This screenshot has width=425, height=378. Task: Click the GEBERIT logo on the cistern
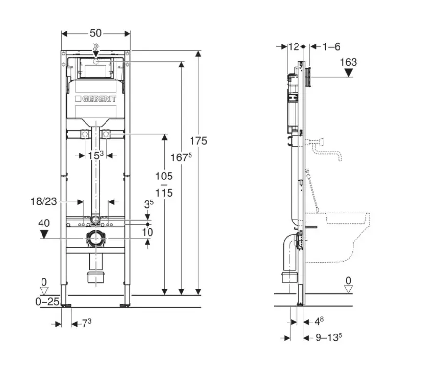pos(96,99)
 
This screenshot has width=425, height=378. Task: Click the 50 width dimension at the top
pos(96,33)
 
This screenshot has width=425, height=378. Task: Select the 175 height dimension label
pos(198,141)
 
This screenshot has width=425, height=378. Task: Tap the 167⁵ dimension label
pos(181,157)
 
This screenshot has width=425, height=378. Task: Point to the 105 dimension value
pos(164,177)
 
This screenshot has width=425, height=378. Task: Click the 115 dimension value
pos(164,193)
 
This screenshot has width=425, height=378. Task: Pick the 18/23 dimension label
pos(43,201)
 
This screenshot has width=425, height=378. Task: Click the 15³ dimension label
pos(96,155)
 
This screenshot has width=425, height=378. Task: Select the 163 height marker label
pos(348,62)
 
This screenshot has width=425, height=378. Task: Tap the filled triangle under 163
pos(349,73)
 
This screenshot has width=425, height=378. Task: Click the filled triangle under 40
pos(44,234)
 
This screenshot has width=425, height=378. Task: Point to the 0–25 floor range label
pos(47,302)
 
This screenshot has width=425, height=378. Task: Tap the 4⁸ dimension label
pos(319,321)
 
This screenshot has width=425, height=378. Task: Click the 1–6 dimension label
pos(331,46)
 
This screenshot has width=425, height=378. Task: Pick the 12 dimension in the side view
pos(293,46)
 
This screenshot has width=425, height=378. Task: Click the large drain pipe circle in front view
pos(96,239)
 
